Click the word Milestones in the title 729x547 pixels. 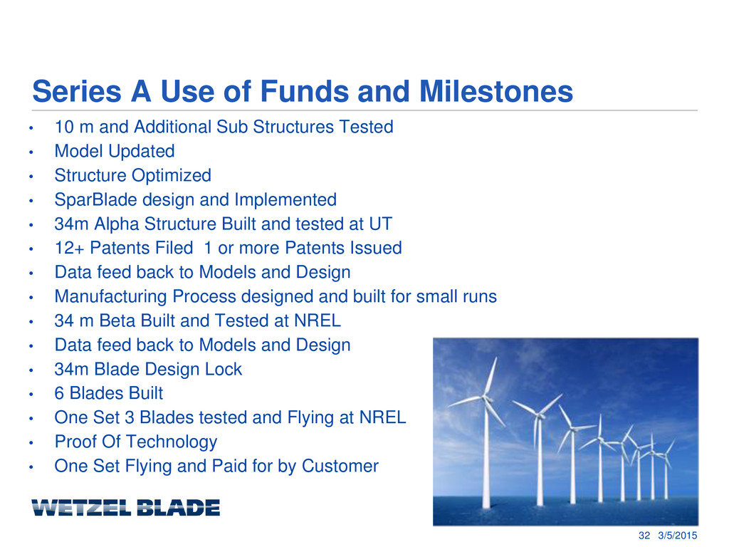(496, 91)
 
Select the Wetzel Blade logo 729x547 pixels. (125, 507)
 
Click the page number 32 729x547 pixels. (644, 536)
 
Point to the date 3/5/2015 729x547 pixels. (678, 536)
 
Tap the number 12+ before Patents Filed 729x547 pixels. (69, 248)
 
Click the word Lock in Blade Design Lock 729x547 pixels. (224, 369)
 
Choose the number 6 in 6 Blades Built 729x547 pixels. (59, 393)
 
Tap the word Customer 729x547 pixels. (340, 466)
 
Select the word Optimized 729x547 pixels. (172, 176)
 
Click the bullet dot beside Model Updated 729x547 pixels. (31, 152)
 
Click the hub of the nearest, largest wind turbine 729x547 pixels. (486, 398)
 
